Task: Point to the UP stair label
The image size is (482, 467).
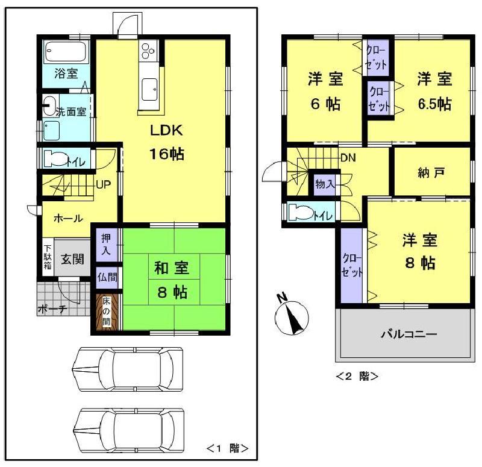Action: pos(103,184)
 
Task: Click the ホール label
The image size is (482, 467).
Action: pos(68,218)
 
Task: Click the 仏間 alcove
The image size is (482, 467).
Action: pos(108,278)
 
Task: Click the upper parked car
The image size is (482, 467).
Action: pos(127,368)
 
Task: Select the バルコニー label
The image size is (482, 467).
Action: pos(408,334)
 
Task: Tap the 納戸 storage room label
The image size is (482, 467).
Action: pos(431,173)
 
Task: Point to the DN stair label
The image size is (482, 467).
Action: pos(348,158)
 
